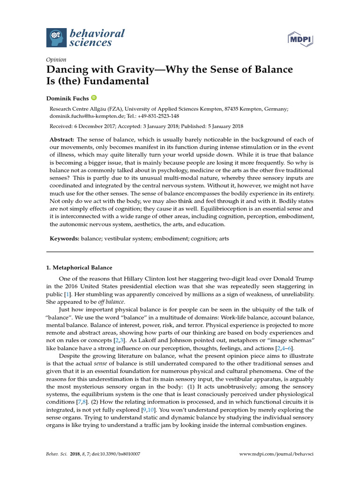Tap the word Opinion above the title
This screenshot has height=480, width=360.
pyautogui.click(x=56, y=60)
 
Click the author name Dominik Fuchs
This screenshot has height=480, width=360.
pyautogui.click(x=67, y=98)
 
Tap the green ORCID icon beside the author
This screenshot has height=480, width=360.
pyautogui.click(x=94, y=97)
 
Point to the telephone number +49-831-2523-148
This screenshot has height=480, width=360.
pyautogui.click(x=156, y=116)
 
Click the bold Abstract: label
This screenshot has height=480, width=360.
pyautogui.click(x=62, y=140)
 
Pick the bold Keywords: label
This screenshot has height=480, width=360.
pyautogui.click(x=64, y=239)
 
